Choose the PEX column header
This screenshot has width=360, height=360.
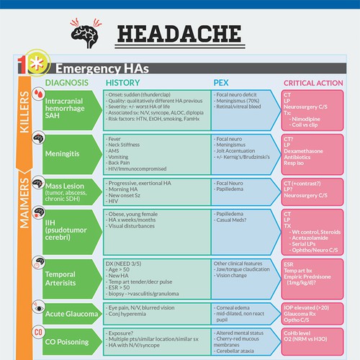(x=222, y=83)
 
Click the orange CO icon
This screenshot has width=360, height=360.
(x=38, y=333)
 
